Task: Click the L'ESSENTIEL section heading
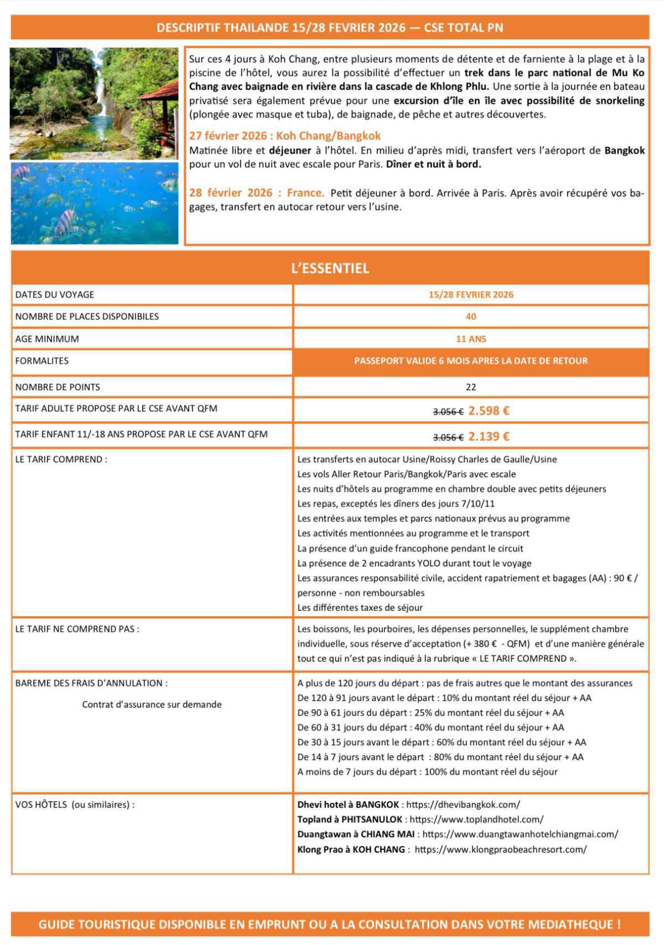(x=330, y=268)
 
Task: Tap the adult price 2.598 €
(x=489, y=411)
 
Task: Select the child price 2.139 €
(x=489, y=437)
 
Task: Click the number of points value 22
(x=471, y=387)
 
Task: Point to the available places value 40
(x=471, y=317)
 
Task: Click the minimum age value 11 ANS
(x=471, y=339)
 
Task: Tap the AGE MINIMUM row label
(x=47, y=339)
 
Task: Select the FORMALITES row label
(x=42, y=361)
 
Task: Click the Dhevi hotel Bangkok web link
(x=463, y=804)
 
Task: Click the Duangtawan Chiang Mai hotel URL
(x=520, y=834)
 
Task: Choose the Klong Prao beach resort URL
(x=500, y=849)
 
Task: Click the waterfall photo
(x=94, y=104)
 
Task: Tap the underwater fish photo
(x=94, y=203)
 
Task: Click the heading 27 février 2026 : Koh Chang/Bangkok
(x=285, y=136)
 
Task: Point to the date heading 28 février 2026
(x=257, y=193)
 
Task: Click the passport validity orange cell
(x=471, y=361)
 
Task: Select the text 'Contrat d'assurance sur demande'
(x=152, y=705)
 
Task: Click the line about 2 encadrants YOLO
(x=414, y=563)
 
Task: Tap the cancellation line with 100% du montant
(x=427, y=772)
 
